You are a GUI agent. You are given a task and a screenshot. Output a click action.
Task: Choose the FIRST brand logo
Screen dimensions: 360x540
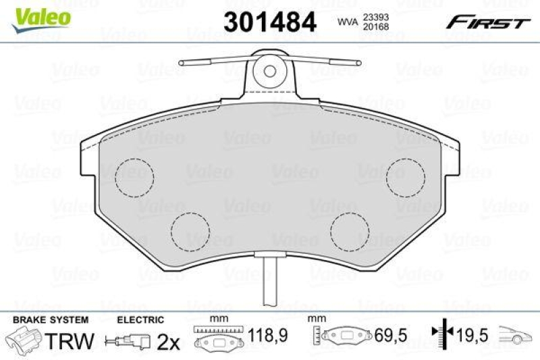tap(487, 22)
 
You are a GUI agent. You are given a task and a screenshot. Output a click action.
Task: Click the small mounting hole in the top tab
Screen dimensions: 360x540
tap(271, 69)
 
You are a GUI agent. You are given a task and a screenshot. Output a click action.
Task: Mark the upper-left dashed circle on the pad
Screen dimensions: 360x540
tap(134, 178)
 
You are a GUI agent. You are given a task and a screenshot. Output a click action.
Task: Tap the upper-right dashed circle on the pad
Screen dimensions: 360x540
tap(405, 178)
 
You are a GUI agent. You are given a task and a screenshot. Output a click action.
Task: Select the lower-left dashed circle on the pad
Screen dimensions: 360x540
tap(190, 231)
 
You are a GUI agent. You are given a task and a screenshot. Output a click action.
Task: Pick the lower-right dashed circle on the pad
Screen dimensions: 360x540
tap(350, 231)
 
